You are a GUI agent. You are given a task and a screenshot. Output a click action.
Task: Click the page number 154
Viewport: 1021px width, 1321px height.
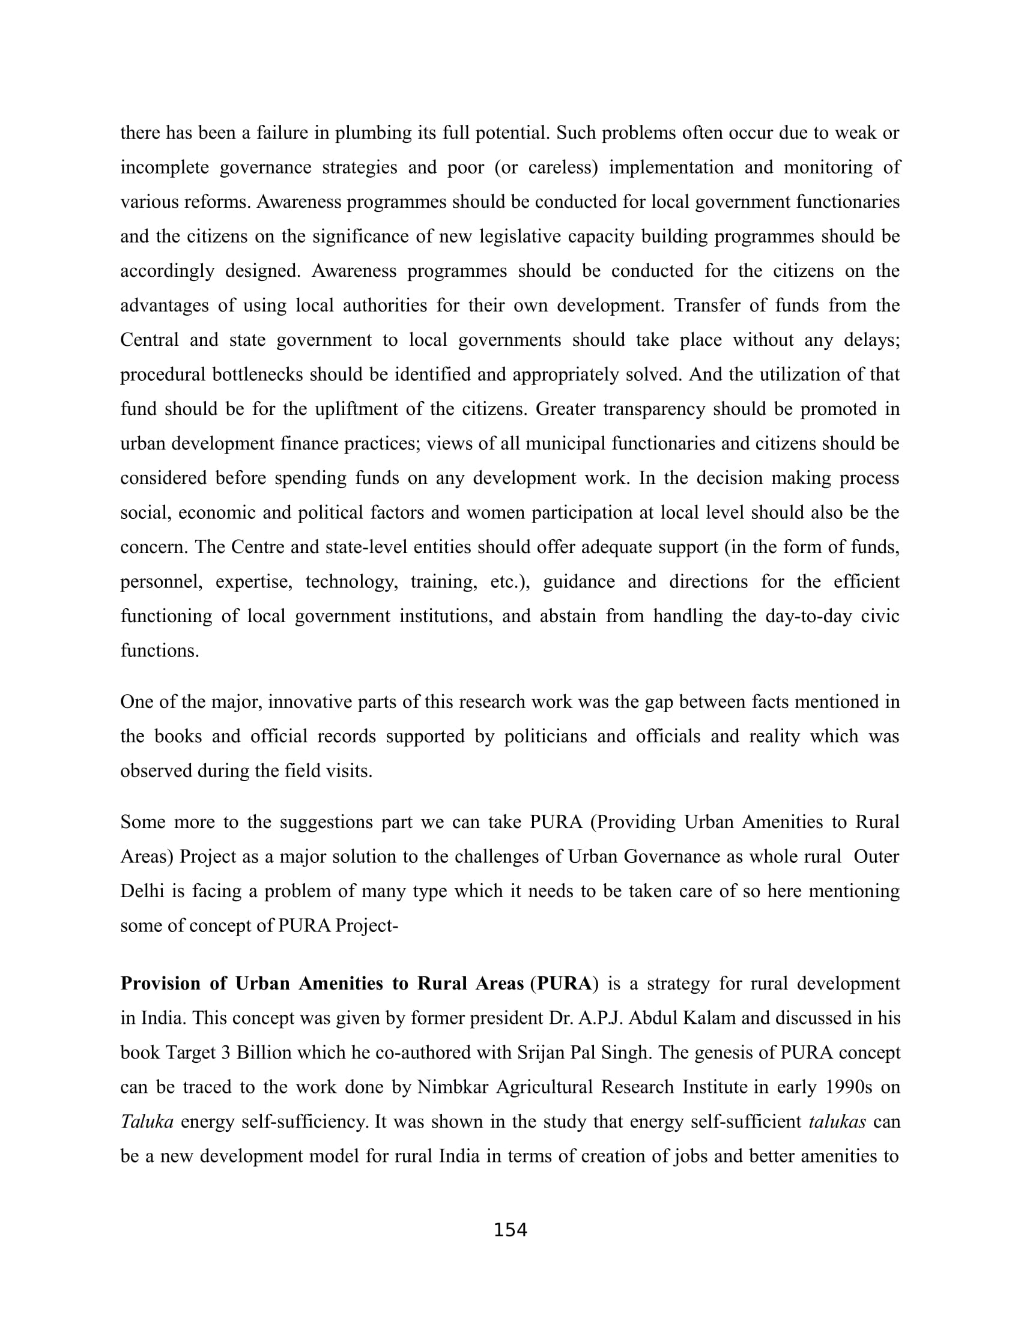click(x=510, y=1230)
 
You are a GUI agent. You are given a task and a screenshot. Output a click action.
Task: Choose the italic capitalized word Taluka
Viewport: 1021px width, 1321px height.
click(x=147, y=1122)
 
